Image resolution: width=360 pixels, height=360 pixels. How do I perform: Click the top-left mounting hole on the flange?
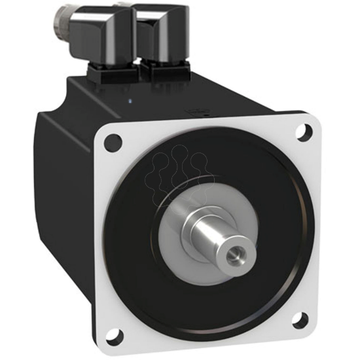[x=113, y=139]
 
